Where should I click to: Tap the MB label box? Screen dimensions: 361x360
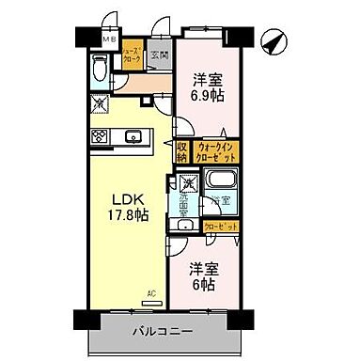[x=108, y=40]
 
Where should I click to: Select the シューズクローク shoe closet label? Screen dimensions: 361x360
[x=133, y=55]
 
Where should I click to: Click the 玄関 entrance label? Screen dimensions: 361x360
[x=158, y=55]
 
